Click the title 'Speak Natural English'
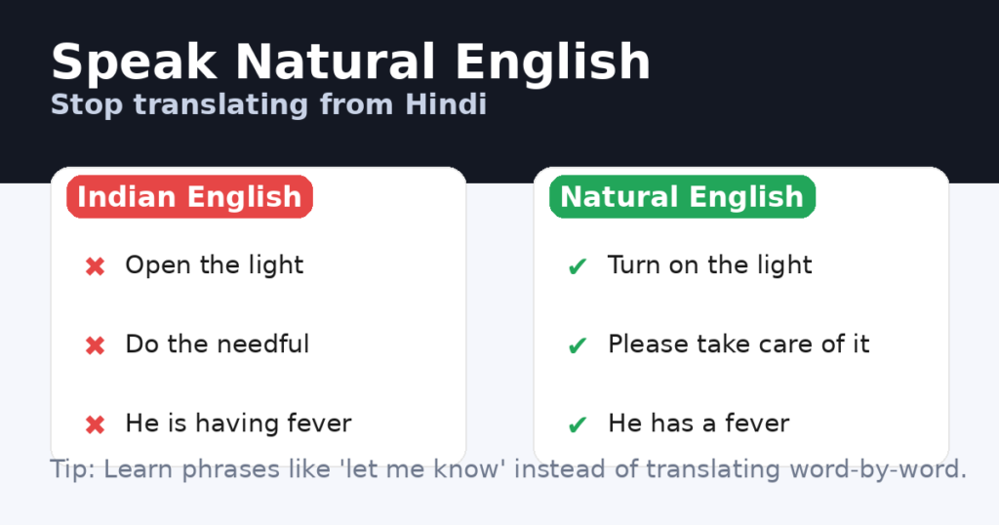[x=350, y=62]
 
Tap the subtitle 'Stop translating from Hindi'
[x=268, y=103]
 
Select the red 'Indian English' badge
[x=189, y=197]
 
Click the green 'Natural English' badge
[x=682, y=197]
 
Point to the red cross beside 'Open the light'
[x=95, y=266]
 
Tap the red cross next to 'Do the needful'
[x=95, y=345]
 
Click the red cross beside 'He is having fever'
[x=95, y=424]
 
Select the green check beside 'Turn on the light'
[x=577, y=266]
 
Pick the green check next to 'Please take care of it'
[x=577, y=345]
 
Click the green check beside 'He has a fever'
[x=577, y=424]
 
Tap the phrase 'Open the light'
[x=215, y=265]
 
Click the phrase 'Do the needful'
[x=217, y=344]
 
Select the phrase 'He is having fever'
[x=238, y=424]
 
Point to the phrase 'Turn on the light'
[x=709, y=265]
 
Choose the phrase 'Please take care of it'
[x=739, y=344]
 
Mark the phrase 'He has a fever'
[x=699, y=424]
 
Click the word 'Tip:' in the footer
[x=72, y=469]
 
